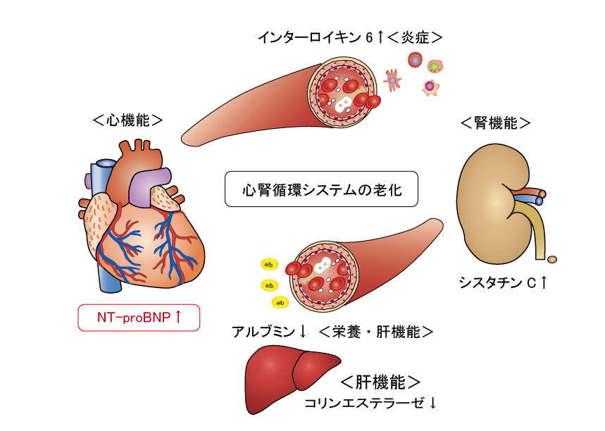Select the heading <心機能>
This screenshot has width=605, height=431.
coord(127,120)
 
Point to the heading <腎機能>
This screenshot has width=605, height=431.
coord(495,123)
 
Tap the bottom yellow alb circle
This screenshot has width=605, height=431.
coord(280,302)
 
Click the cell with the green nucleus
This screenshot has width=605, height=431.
coord(436,67)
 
